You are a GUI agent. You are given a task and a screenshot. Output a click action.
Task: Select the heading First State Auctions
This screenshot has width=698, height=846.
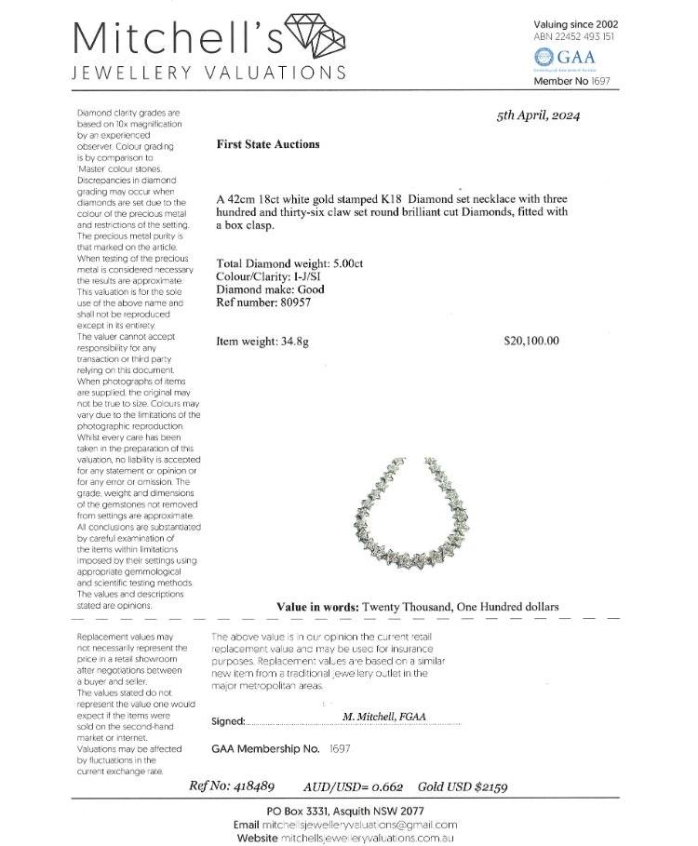click(x=267, y=144)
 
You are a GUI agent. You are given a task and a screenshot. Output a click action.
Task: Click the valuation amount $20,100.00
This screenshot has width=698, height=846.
click(x=531, y=341)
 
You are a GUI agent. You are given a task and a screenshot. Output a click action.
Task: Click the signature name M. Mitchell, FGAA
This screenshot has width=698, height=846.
click(x=388, y=718)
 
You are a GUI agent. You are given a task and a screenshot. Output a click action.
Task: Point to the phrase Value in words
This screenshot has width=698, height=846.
click(x=317, y=607)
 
